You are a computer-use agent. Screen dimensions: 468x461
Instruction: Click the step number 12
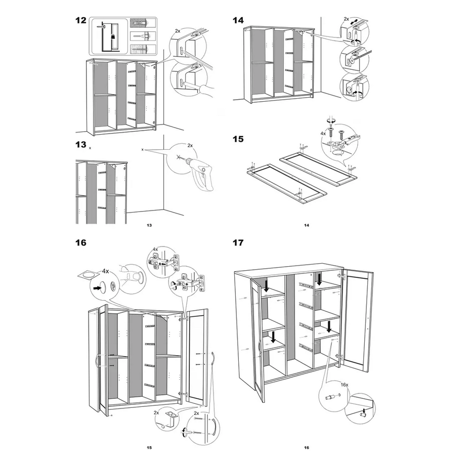[x=80, y=20]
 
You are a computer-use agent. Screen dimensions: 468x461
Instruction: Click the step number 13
[x=80, y=145]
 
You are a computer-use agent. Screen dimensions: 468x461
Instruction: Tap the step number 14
[x=238, y=20]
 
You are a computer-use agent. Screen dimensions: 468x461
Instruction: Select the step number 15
[x=238, y=139]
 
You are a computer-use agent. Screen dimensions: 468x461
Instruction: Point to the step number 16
[x=80, y=243]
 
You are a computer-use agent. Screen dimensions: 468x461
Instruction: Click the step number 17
[x=238, y=243]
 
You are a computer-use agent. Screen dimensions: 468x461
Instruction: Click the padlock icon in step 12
[x=113, y=36]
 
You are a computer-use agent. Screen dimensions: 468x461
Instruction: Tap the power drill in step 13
[x=199, y=173]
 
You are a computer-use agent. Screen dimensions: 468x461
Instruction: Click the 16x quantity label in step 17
[x=345, y=385]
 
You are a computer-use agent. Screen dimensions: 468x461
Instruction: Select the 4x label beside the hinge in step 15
[x=323, y=134]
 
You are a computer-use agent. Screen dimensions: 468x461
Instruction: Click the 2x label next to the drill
[x=190, y=146]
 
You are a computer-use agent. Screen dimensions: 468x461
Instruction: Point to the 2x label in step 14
[x=346, y=19]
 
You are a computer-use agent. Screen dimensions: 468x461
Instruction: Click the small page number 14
[x=307, y=225]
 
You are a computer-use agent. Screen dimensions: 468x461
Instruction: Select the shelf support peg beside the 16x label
[x=330, y=398]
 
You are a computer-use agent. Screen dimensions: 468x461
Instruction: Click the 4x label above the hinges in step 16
[x=155, y=249]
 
